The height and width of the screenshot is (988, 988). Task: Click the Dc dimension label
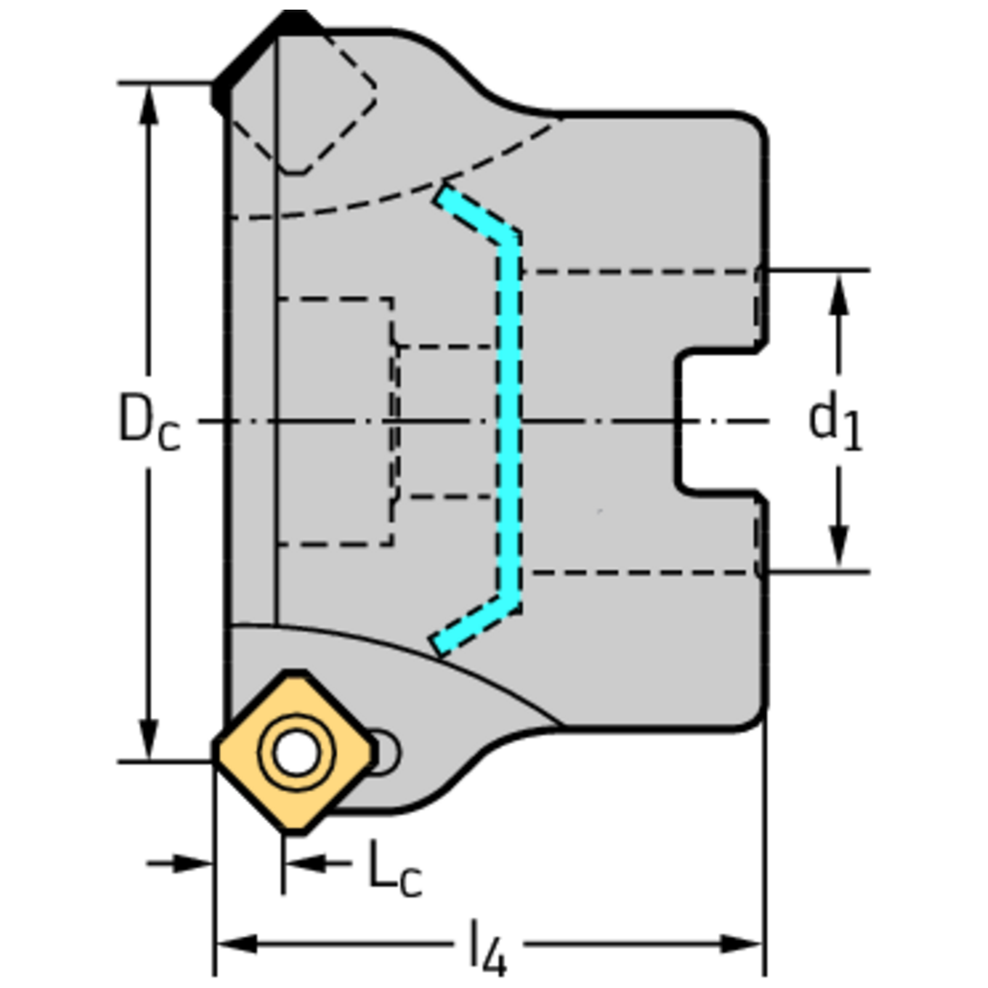[148, 422]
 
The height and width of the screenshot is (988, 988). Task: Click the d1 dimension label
[834, 422]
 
